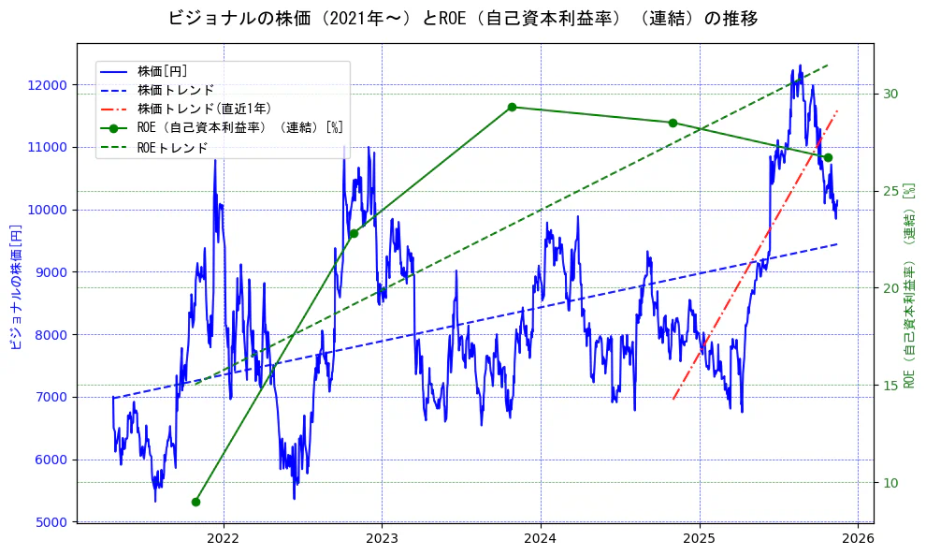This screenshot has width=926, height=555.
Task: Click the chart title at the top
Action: click(x=463, y=19)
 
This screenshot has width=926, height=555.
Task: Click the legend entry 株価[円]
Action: click(x=163, y=71)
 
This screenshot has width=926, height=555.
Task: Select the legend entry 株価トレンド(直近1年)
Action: click(x=198, y=109)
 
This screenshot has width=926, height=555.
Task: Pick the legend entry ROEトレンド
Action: click(x=172, y=147)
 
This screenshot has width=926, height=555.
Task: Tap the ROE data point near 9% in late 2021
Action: click(x=195, y=502)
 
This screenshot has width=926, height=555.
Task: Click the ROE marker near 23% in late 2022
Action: click(x=354, y=233)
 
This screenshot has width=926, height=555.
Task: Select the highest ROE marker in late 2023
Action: click(x=512, y=107)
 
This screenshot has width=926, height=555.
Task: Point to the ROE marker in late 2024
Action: click(x=673, y=123)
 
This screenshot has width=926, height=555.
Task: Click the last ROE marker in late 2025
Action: click(x=828, y=157)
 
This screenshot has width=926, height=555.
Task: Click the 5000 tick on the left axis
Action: click(x=52, y=521)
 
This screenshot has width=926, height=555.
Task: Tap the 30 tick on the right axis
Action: click(x=890, y=94)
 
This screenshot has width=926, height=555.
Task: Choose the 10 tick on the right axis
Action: click(x=890, y=482)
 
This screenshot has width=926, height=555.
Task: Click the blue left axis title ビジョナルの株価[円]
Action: click(x=15, y=286)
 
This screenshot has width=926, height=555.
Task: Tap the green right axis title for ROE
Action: click(x=908, y=286)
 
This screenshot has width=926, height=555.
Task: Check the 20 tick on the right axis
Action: click(x=890, y=288)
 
